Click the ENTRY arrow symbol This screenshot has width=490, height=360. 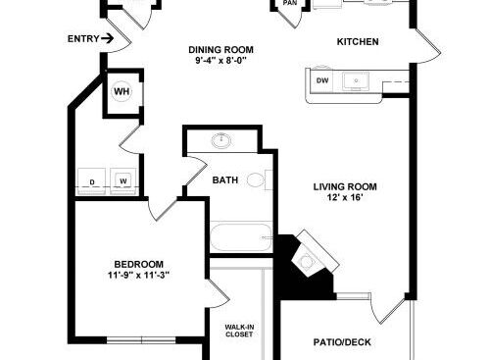(x=107, y=38)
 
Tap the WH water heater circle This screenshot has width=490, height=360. (x=122, y=91)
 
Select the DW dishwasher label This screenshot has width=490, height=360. (x=322, y=80)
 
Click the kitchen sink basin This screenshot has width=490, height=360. (x=356, y=81)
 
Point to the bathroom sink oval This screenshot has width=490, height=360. (x=221, y=141)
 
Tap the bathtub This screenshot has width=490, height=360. (x=241, y=237)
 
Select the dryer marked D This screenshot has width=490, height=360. (x=91, y=181)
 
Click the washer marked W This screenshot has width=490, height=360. (x=123, y=181)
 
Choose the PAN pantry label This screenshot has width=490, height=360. (x=290, y=3)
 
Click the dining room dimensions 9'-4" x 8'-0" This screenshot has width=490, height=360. (x=221, y=61)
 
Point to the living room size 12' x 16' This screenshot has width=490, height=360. (x=345, y=197)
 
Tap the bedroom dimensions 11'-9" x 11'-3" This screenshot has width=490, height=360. (x=138, y=276)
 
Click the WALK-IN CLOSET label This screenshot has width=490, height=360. (x=239, y=331)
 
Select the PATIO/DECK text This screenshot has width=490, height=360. (x=342, y=342)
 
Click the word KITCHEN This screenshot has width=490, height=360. (x=358, y=42)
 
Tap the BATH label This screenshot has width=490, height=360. (x=225, y=180)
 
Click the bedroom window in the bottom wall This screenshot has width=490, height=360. (x=141, y=340)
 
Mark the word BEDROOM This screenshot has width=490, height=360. (x=138, y=264)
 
